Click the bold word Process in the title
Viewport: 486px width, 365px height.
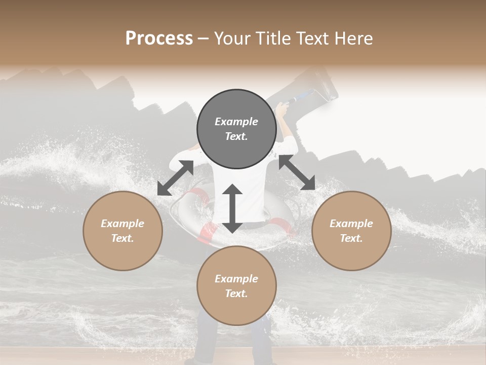(159, 39)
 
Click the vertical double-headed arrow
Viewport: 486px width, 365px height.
(232, 208)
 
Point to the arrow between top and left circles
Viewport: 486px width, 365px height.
(175, 177)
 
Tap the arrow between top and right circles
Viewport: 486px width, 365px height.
(297, 172)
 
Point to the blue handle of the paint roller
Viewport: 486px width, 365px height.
(302, 95)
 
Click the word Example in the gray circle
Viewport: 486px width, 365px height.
(236, 122)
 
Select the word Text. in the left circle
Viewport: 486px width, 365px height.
(123, 238)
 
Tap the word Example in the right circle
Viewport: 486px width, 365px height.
(351, 224)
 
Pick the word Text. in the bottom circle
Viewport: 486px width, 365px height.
(236, 294)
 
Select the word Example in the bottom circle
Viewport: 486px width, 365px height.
(236, 279)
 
